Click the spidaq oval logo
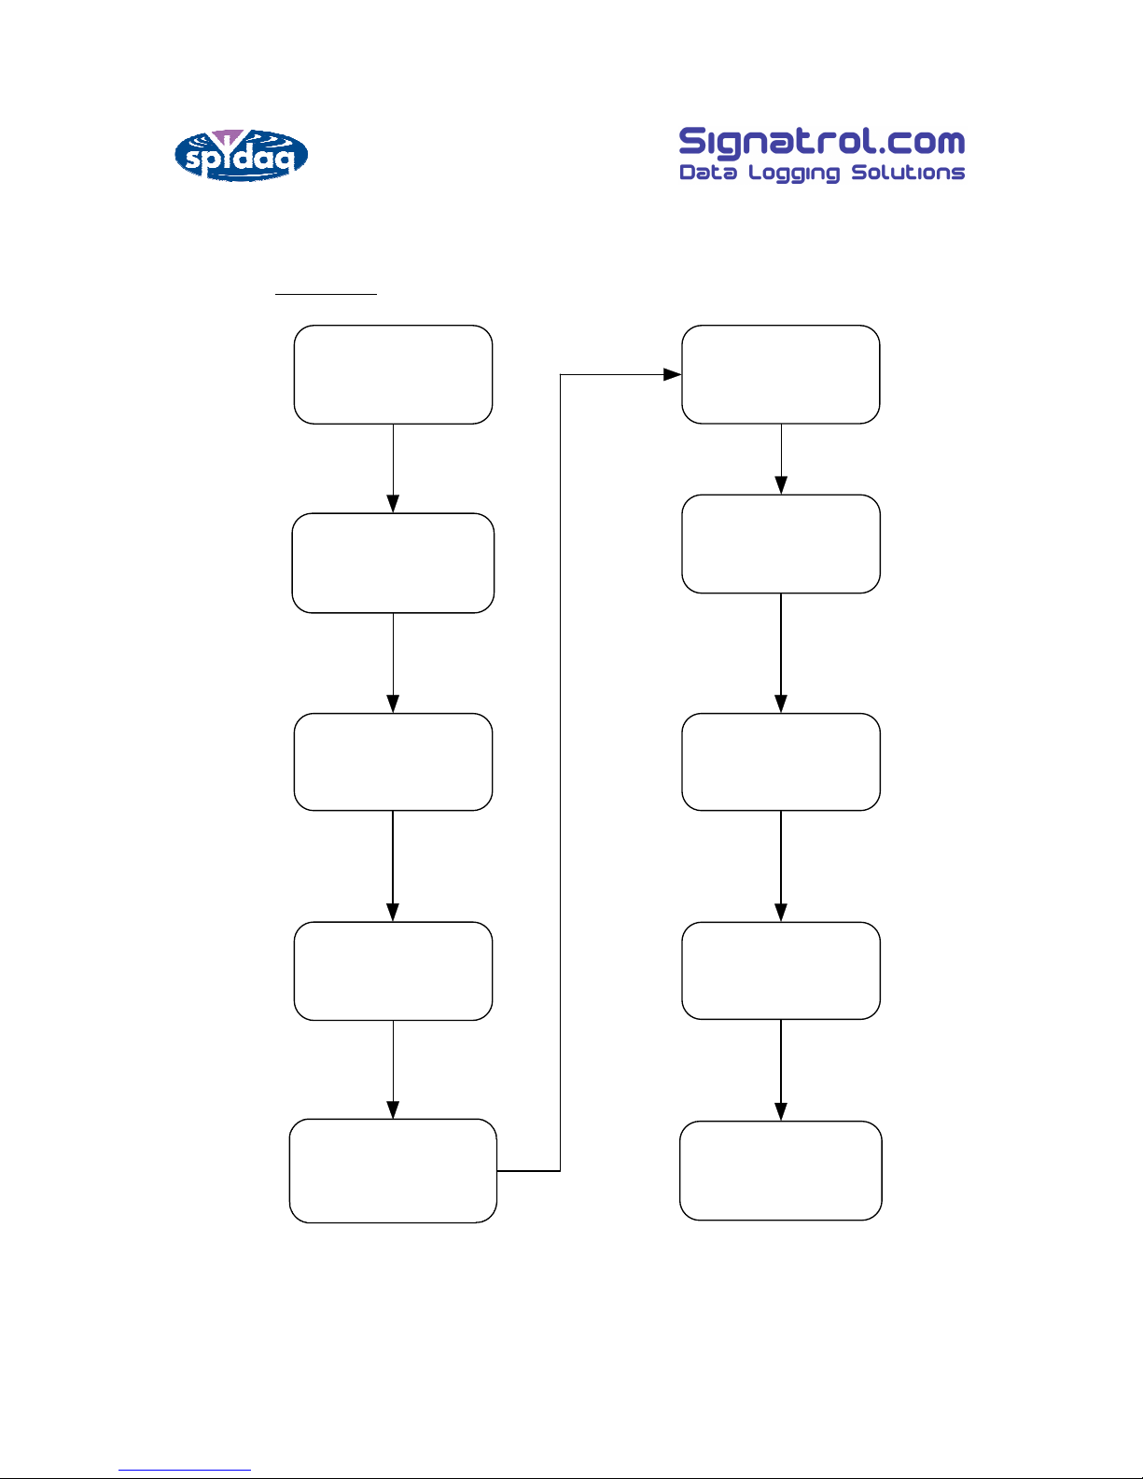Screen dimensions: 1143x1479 (x=242, y=155)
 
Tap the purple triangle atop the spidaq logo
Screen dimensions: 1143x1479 (x=228, y=137)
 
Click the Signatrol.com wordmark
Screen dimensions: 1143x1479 (x=822, y=143)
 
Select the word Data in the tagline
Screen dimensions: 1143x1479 (x=707, y=173)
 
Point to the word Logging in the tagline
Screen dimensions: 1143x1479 (x=794, y=174)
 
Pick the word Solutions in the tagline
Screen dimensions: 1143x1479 (x=908, y=173)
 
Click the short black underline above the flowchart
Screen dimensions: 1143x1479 (x=326, y=294)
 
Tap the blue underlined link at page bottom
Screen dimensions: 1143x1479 (x=185, y=1470)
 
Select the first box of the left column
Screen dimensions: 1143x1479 (x=393, y=374)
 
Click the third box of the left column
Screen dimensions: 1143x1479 (x=393, y=761)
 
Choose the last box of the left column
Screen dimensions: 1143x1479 (x=393, y=1171)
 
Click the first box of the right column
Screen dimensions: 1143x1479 (x=781, y=374)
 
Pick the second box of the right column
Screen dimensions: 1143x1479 (x=781, y=544)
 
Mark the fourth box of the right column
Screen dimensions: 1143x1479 (x=781, y=970)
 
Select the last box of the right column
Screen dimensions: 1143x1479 (x=781, y=1171)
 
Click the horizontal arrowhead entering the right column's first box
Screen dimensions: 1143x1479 (x=672, y=374)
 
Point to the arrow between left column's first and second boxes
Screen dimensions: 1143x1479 (x=393, y=468)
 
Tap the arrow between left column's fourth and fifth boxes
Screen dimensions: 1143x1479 (x=393, y=1069)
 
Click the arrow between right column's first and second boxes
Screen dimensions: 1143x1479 (x=781, y=459)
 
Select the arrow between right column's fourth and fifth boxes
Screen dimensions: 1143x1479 (x=781, y=1070)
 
